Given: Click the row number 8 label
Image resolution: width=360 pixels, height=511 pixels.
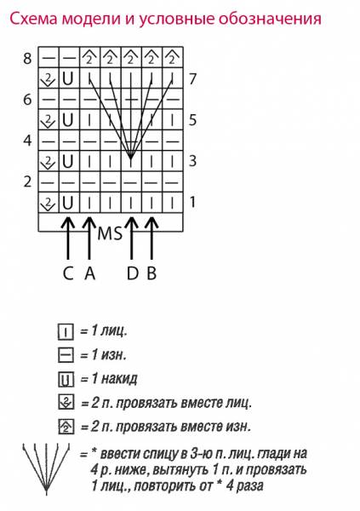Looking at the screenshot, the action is coord(27,59).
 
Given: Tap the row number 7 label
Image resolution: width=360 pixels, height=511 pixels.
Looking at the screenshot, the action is coord(193,79).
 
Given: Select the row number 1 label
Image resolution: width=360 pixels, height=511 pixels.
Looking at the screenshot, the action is coord(193,202).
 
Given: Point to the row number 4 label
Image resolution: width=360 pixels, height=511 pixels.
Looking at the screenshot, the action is coord(27,141).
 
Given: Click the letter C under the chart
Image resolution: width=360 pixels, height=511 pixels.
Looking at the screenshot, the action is coord(68,273).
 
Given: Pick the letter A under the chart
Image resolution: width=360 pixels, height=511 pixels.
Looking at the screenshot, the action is coord(90,273).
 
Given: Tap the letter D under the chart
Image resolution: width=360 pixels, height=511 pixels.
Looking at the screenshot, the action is coord(132,273).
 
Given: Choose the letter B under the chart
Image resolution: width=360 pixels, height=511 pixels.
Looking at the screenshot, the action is coord(151,273).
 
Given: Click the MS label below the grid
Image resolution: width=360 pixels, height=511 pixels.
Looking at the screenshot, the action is coord(110,233).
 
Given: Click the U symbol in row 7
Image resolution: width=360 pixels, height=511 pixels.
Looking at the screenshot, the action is coord(67,78).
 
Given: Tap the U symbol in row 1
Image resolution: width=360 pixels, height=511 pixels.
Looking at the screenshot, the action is coord(67,203).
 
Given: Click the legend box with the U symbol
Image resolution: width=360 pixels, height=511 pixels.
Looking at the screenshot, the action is coord(66,380).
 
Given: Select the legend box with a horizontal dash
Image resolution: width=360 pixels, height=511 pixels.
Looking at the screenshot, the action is coord(66,355).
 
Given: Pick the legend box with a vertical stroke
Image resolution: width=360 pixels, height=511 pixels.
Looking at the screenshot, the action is coord(66,332).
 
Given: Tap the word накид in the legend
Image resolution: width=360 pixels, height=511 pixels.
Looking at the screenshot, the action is coord(119,379).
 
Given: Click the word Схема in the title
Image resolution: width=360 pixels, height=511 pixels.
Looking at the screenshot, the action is coord(34,20).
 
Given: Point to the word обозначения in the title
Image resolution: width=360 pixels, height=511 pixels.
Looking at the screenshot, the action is coord(270,20).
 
